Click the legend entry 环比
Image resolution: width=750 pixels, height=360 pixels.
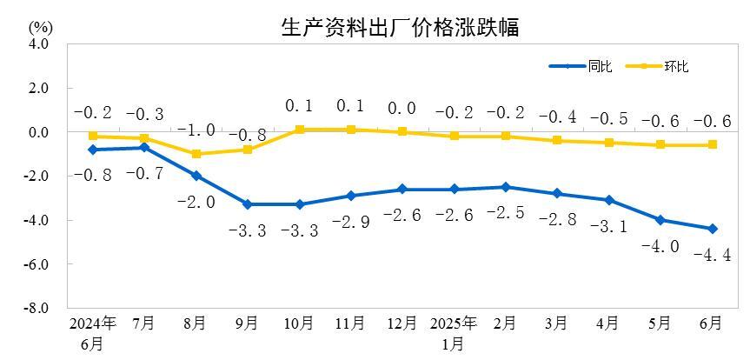coord(676,66)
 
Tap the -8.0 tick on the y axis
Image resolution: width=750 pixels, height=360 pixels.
coord(36,308)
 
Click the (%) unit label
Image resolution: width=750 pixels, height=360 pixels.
coord(40,25)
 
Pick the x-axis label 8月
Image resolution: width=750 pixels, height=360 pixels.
coord(195,323)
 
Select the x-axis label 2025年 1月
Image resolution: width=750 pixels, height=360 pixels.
coord(453,332)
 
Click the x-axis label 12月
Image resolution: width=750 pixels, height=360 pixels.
coord(401,323)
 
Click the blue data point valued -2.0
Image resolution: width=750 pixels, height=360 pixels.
coord(196,176)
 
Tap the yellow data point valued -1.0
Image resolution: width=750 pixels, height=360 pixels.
coord(196,154)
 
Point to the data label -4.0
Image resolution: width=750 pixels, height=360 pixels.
coord(660,246)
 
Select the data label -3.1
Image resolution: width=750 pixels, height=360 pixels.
coord(608,226)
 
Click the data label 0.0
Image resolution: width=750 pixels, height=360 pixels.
coord(402,109)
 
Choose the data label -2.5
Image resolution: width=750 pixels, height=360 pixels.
coord(505,213)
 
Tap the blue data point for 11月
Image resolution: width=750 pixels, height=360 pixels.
coord(350,196)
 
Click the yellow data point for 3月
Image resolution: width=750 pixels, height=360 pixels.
coord(556,140)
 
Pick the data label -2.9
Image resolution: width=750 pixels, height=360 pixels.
coord(351,223)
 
